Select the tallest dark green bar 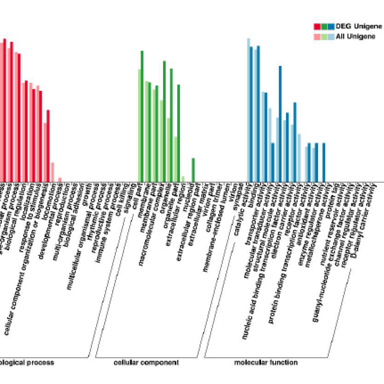click(142, 116)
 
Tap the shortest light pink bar click(60, 180)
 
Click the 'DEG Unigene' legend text click(359, 26)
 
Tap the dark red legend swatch click(317, 26)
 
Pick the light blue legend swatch click(331, 37)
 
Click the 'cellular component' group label click(146, 363)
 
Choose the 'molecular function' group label click(266, 363)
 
